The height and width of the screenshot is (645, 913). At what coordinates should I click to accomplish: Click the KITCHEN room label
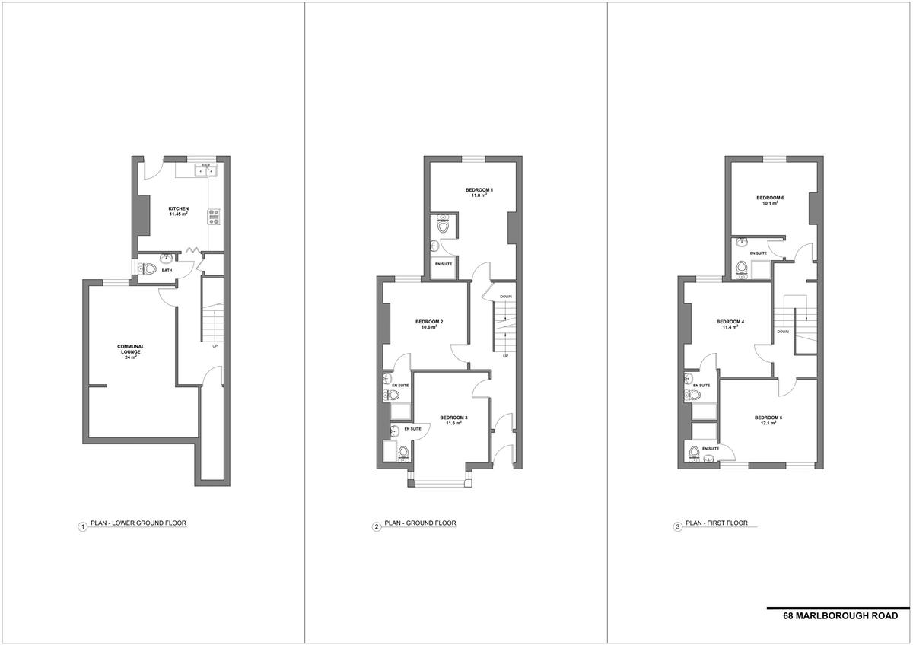[179, 208]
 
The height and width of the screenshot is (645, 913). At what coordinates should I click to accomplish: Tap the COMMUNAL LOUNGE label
[131, 349]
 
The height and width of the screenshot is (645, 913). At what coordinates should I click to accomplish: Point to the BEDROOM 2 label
[429, 322]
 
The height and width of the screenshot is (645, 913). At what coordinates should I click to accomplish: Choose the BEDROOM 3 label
[453, 418]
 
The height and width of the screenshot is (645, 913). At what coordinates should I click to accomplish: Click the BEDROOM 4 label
[730, 322]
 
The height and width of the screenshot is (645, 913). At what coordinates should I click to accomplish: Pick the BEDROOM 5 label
[768, 418]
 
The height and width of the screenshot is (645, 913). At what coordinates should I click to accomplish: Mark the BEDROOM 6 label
[770, 198]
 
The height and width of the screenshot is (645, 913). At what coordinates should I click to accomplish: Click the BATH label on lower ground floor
[167, 270]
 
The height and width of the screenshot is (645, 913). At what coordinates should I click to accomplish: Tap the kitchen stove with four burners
[214, 217]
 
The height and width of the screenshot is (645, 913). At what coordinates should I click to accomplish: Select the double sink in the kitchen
[205, 170]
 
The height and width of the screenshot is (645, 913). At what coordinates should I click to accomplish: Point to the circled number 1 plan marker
[83, 527]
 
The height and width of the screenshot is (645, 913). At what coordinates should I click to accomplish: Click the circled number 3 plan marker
[678, 527]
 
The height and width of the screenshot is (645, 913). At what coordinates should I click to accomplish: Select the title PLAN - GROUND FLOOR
[420, 523]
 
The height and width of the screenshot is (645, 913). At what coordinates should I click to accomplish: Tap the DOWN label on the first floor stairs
[783, 332]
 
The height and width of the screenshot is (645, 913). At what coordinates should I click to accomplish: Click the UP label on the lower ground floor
[215, 346]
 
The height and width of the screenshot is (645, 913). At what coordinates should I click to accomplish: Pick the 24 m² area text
[131, 357]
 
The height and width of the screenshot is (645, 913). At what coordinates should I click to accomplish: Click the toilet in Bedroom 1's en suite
[443, 225]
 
